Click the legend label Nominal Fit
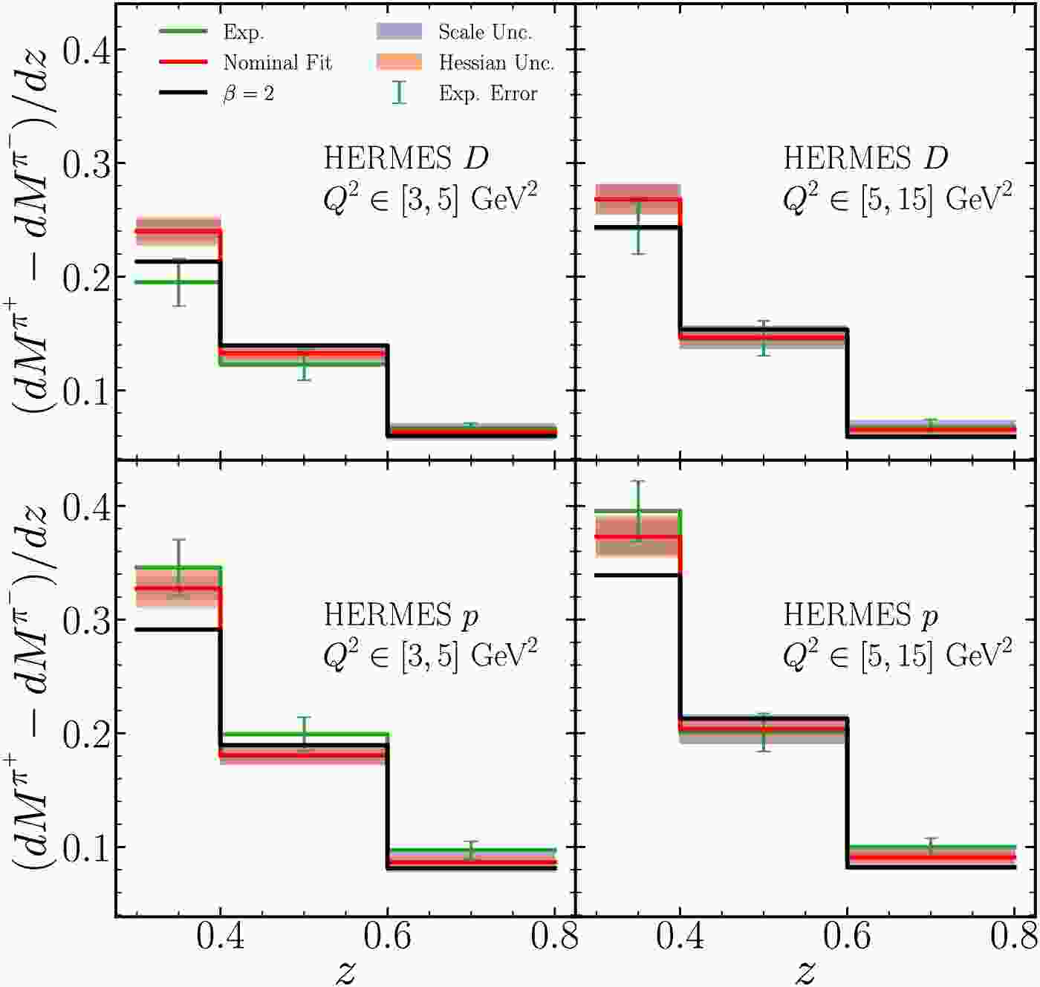[x=277, y=62]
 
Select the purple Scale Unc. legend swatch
[x=399, y=31]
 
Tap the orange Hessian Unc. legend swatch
[x=399, y=62]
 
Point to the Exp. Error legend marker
[x=399, y=93]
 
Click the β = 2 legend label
[x=248, y=94]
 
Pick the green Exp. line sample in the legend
[x=183, y=31]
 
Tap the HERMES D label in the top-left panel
[x=406, y=158]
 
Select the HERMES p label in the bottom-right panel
[x=860, y=615]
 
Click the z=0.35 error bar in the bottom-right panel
[x=637, y=510]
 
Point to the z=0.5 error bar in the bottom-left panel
[x=304, y=734]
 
